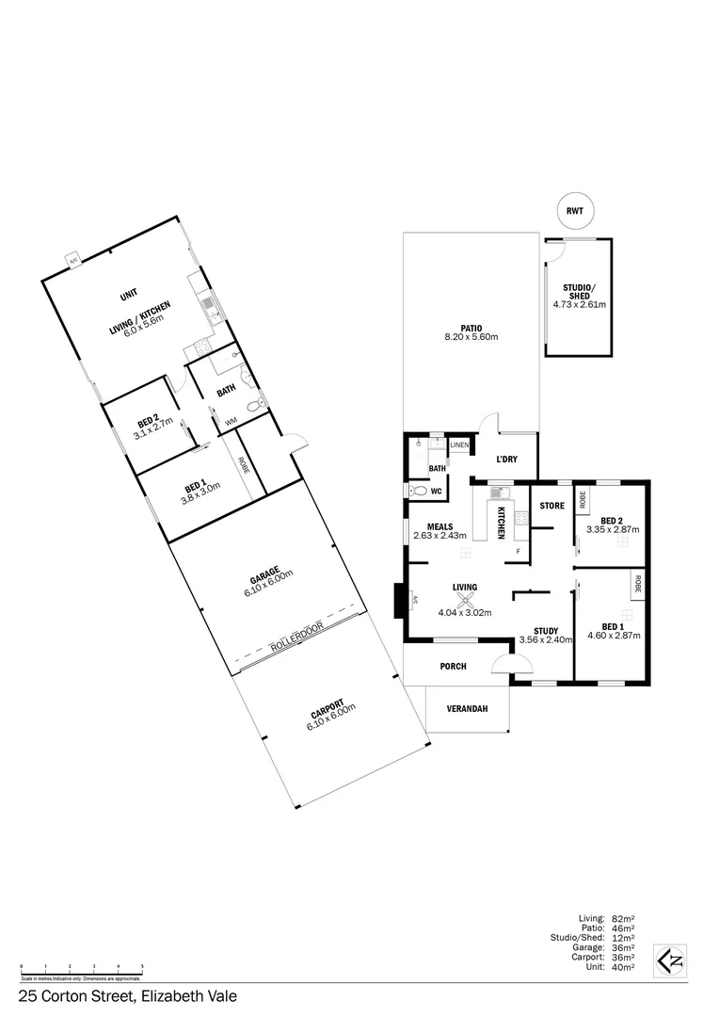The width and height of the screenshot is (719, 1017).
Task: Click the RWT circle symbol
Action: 574,212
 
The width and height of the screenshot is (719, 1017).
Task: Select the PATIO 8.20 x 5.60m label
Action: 471,331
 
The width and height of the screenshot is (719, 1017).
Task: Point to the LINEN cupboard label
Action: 458,444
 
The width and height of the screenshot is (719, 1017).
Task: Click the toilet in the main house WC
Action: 416,491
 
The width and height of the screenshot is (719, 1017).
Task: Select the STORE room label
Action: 551,506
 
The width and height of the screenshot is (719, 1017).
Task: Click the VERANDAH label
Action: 467,709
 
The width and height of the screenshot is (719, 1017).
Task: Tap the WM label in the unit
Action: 231,423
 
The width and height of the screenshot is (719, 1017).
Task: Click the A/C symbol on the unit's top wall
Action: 72,260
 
